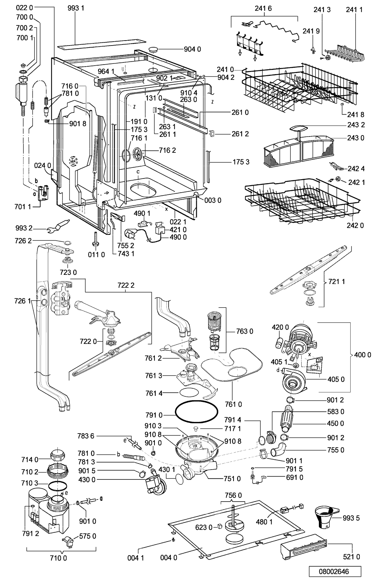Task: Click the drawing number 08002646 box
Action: [335, 571]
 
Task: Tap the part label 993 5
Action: [351, 518]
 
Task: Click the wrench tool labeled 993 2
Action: [59, 225]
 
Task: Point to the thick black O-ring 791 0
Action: [196, 411]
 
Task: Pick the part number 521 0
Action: [351, 557]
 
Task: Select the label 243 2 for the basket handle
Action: [356, 125]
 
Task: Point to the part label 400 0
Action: [363, 355]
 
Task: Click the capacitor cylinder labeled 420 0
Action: [279, 343]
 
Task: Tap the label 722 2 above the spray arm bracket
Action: [126, 285]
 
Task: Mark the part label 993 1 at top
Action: [76, 8]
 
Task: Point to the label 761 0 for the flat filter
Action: [234, 404]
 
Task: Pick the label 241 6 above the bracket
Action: [263, 8]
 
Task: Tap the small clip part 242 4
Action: [335, 167]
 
